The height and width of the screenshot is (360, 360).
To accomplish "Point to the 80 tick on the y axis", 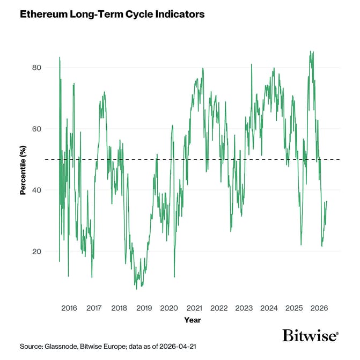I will [x=36, y=68].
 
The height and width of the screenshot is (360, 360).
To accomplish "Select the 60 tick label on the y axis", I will [x=36, y=129].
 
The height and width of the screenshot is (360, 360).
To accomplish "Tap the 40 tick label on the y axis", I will [x=36, y=190].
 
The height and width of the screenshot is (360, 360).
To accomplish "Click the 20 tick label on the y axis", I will [x=36, y=252].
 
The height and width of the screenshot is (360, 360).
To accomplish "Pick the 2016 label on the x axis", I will [x=69, y=308].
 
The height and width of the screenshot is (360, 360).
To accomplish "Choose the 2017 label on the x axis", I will [x=94, y=308].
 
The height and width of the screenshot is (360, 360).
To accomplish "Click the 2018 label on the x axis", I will [x=119, y=308].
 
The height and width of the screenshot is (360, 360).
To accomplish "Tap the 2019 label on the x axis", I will [x=144, y=308].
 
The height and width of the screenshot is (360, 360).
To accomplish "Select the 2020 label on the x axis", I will [x=169, y=308].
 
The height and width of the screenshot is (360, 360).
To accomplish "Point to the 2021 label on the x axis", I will [x=194, y=308].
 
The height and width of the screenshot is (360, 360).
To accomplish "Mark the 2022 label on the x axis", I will [x=219, y=308].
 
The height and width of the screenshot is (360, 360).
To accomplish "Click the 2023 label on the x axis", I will [x=244, y=308].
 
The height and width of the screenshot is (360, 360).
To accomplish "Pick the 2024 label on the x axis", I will [x=269, y=308].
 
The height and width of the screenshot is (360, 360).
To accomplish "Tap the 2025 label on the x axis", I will [x=294, y=308].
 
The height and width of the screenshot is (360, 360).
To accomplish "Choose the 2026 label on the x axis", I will [x=319, y=308].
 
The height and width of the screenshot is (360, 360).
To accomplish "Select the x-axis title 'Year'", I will [x=193, y=320].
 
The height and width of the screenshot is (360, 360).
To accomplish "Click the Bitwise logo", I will [x=310, y=336].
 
